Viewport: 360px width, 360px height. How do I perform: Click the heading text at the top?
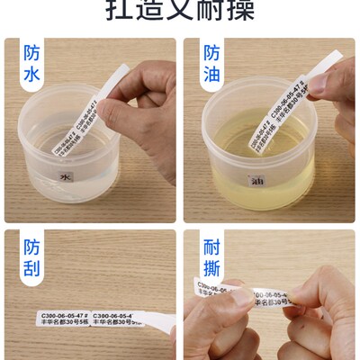[180, 11]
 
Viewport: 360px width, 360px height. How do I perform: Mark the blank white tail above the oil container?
[301, 72]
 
